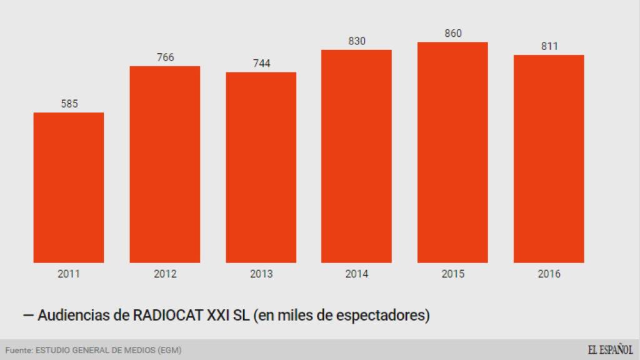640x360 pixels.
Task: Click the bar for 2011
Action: coord(69,187)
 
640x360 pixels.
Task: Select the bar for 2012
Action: coord(165,164)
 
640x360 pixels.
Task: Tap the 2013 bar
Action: coord(261,167)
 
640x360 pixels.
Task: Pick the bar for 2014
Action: coord(357,156)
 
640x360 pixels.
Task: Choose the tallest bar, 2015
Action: coord(453,152)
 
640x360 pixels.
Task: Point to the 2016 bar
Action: coord(549,159)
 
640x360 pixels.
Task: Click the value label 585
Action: coord(69,104)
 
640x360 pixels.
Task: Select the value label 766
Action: coord(165,57)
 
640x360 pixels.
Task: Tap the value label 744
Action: coord(261,63)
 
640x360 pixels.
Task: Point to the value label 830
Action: coord(357,41)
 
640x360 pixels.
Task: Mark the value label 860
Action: coord(453,34)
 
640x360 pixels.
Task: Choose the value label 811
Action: coord(549,46)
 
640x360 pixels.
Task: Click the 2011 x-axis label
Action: coord(69,274)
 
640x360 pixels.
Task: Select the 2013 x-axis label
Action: coord(261,274)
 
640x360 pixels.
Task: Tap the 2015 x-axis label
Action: coord(453,274)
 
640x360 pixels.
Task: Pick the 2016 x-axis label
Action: coord(549,274)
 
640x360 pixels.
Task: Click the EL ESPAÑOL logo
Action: coord(610,349)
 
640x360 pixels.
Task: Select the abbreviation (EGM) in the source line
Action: coord(170,350)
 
